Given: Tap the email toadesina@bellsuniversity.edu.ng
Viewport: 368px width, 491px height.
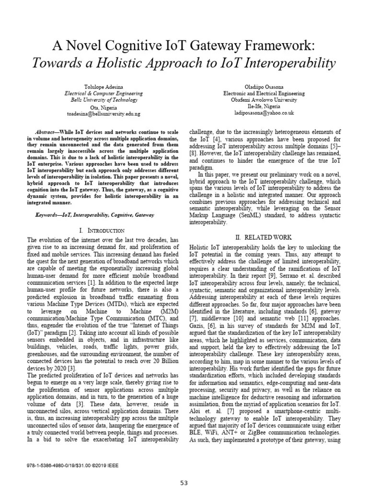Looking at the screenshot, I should point(103,114).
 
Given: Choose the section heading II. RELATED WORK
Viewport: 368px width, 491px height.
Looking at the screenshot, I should point(264,237).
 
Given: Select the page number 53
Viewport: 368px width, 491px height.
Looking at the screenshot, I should point(184,483).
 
